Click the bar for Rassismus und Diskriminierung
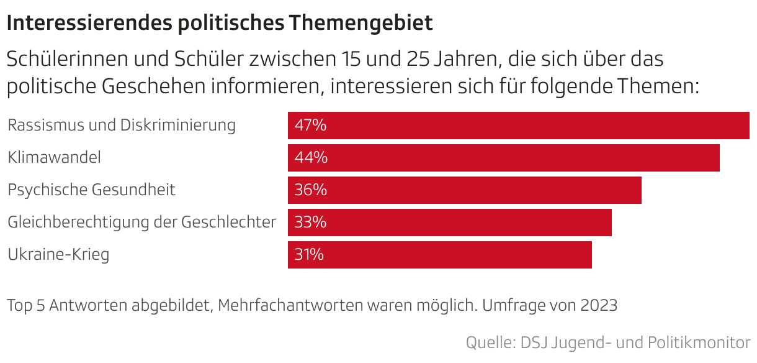point(518,126)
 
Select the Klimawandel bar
point(503,158)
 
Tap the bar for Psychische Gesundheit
point(464,190)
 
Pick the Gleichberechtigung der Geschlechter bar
point(449,223)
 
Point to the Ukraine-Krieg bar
point(439,255)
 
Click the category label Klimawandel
point(54,158)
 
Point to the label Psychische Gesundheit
point(91,190)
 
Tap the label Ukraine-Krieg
point(58,255)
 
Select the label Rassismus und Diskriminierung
point(122,126)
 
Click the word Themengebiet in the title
point(361,24)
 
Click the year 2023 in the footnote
point(599,305)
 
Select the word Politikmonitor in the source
point(699,342)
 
